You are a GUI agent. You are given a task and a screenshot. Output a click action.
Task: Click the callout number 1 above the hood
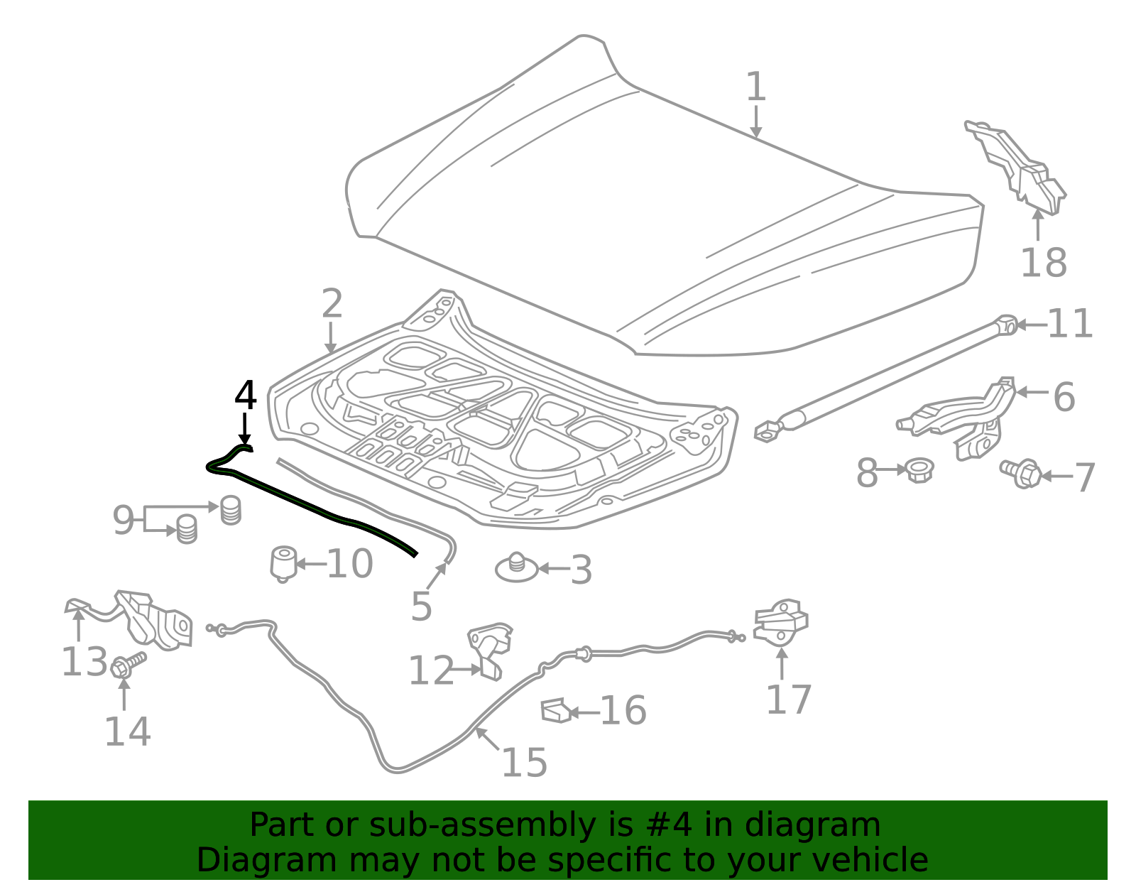[756, 87]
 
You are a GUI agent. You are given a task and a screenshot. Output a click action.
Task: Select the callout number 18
[1044, 262]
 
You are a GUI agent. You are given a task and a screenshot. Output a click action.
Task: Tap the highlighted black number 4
[245, 395]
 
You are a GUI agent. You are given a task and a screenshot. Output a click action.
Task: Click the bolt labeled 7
[1020, 474]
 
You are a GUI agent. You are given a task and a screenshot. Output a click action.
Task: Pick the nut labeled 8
[919, 470]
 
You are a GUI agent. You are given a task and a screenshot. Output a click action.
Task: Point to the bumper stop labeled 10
[284, 564]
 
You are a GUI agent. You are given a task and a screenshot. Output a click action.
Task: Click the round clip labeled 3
[516, 567]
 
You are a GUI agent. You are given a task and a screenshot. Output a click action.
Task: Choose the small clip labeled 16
[556, 710]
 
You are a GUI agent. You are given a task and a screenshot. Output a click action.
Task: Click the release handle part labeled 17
[780, 622]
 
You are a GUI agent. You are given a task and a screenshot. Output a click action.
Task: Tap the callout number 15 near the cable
[525, 762]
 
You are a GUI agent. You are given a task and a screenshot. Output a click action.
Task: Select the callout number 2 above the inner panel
[332, 303]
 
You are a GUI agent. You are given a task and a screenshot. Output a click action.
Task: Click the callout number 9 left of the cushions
[124, 520]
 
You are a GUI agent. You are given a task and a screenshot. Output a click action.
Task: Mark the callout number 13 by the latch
[84, 661]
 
